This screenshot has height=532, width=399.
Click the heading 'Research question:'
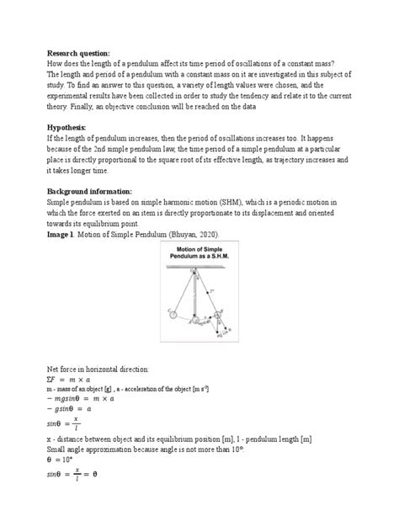79,51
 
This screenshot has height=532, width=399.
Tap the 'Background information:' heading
96,191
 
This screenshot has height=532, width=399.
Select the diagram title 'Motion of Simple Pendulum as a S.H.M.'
199,257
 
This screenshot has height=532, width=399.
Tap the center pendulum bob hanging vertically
195,321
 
